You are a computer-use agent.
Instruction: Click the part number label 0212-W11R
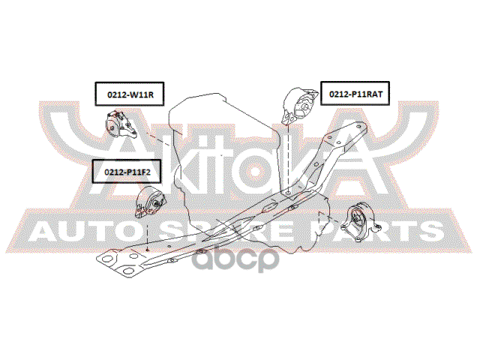128,95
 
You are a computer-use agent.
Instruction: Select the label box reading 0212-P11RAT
355,95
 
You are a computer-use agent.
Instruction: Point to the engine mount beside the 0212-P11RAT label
298,106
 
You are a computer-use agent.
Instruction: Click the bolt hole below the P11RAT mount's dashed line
288,193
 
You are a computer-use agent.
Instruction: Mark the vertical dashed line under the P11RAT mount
289,157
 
